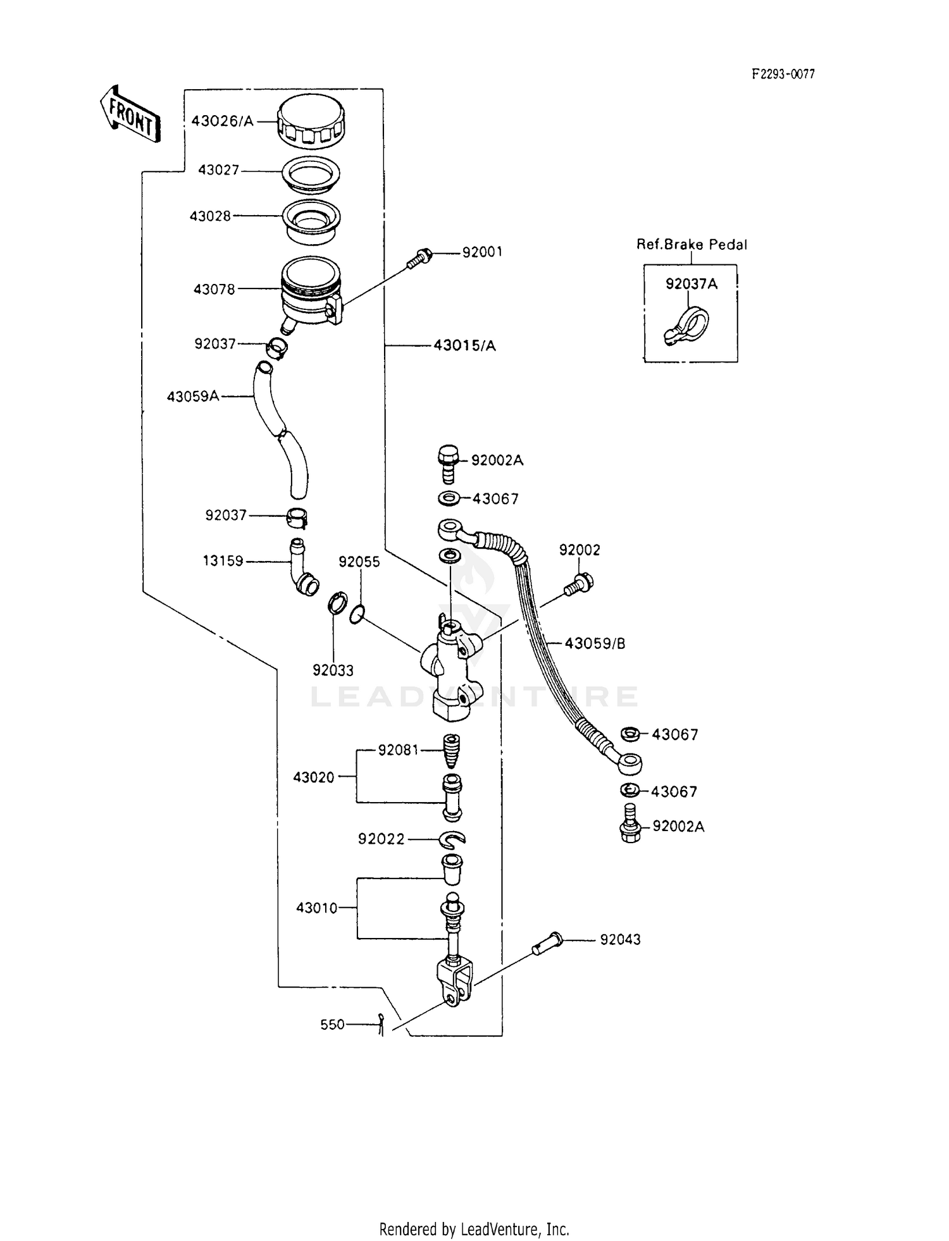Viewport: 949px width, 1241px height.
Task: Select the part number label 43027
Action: (218, 170)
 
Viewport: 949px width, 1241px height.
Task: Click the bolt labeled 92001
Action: (419, 258)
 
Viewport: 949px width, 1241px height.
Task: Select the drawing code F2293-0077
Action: (783, 75)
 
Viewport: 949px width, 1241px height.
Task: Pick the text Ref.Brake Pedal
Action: (691, 245)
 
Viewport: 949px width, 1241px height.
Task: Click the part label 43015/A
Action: (464, 345)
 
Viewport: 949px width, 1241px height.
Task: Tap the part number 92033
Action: (333, 670)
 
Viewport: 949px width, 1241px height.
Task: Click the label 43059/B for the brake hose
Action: (595, 643)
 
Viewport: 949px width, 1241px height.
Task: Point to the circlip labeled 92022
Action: (452, 839)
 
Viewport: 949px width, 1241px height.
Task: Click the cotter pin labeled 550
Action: (380, 1024)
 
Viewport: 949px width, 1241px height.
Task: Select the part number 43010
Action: (316, 908)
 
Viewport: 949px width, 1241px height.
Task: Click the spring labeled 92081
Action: (450, 751)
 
